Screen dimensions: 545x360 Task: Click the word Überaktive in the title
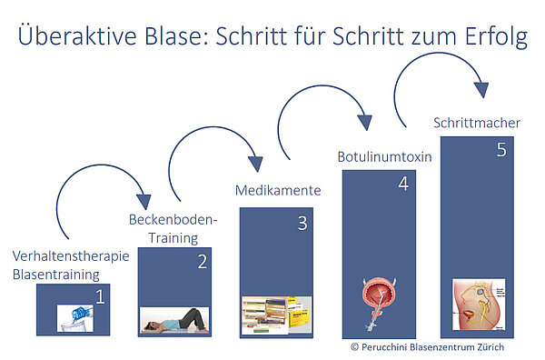click(77, 35)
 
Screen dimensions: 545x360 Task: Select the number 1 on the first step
click(100, 296)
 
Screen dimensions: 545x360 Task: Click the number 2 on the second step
click(203, 262)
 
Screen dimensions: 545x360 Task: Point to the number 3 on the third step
click(302, 224)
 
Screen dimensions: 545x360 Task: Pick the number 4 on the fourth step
click(403, 184)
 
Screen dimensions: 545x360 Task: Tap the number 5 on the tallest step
click(501, 150)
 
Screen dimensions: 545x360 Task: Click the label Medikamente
click(278, 191)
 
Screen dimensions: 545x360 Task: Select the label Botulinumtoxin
click(384, 157)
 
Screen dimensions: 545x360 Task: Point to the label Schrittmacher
click(477, 123)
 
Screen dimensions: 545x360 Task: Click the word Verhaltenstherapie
click(71, 256)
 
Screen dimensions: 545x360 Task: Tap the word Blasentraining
click(56, 275)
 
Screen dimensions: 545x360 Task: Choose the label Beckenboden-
click(173, 220)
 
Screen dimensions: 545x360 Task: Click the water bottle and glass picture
click(75, 318)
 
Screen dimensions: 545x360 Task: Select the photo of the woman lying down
click(174, 320)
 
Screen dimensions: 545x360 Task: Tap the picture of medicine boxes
click(277, 315)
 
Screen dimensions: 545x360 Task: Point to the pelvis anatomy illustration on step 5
click(479, 305)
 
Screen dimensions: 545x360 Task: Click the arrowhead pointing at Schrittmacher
click(481, 90)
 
